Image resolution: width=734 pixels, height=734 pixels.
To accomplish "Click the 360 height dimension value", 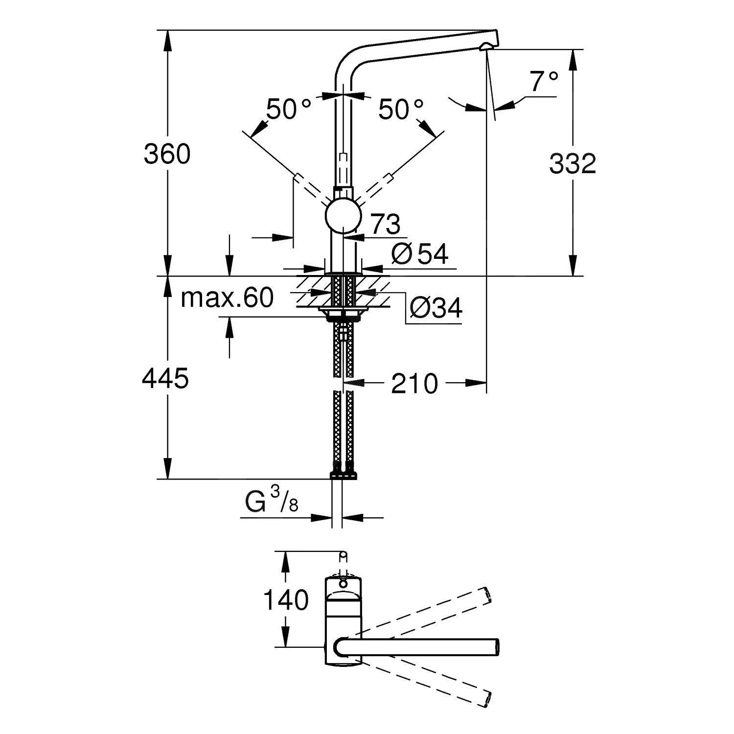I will click(x=167, y=155).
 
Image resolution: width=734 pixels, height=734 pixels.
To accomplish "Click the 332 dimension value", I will click(x=572, y=164).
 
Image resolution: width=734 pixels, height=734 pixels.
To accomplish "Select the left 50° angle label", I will click(x=288, y=110).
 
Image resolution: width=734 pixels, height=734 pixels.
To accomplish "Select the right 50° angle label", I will click(x=401, y=110).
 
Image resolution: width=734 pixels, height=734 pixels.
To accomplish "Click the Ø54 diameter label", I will click(x=420, y=254).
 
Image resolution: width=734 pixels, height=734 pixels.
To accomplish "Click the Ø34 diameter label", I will click(x=436, y=308).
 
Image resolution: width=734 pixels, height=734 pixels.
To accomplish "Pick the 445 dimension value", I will click(x=165, y=379).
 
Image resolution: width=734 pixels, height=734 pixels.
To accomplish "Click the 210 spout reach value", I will click(x=414, y=384).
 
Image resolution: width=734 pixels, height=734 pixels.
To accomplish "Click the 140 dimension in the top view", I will click(x=286, y=600).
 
